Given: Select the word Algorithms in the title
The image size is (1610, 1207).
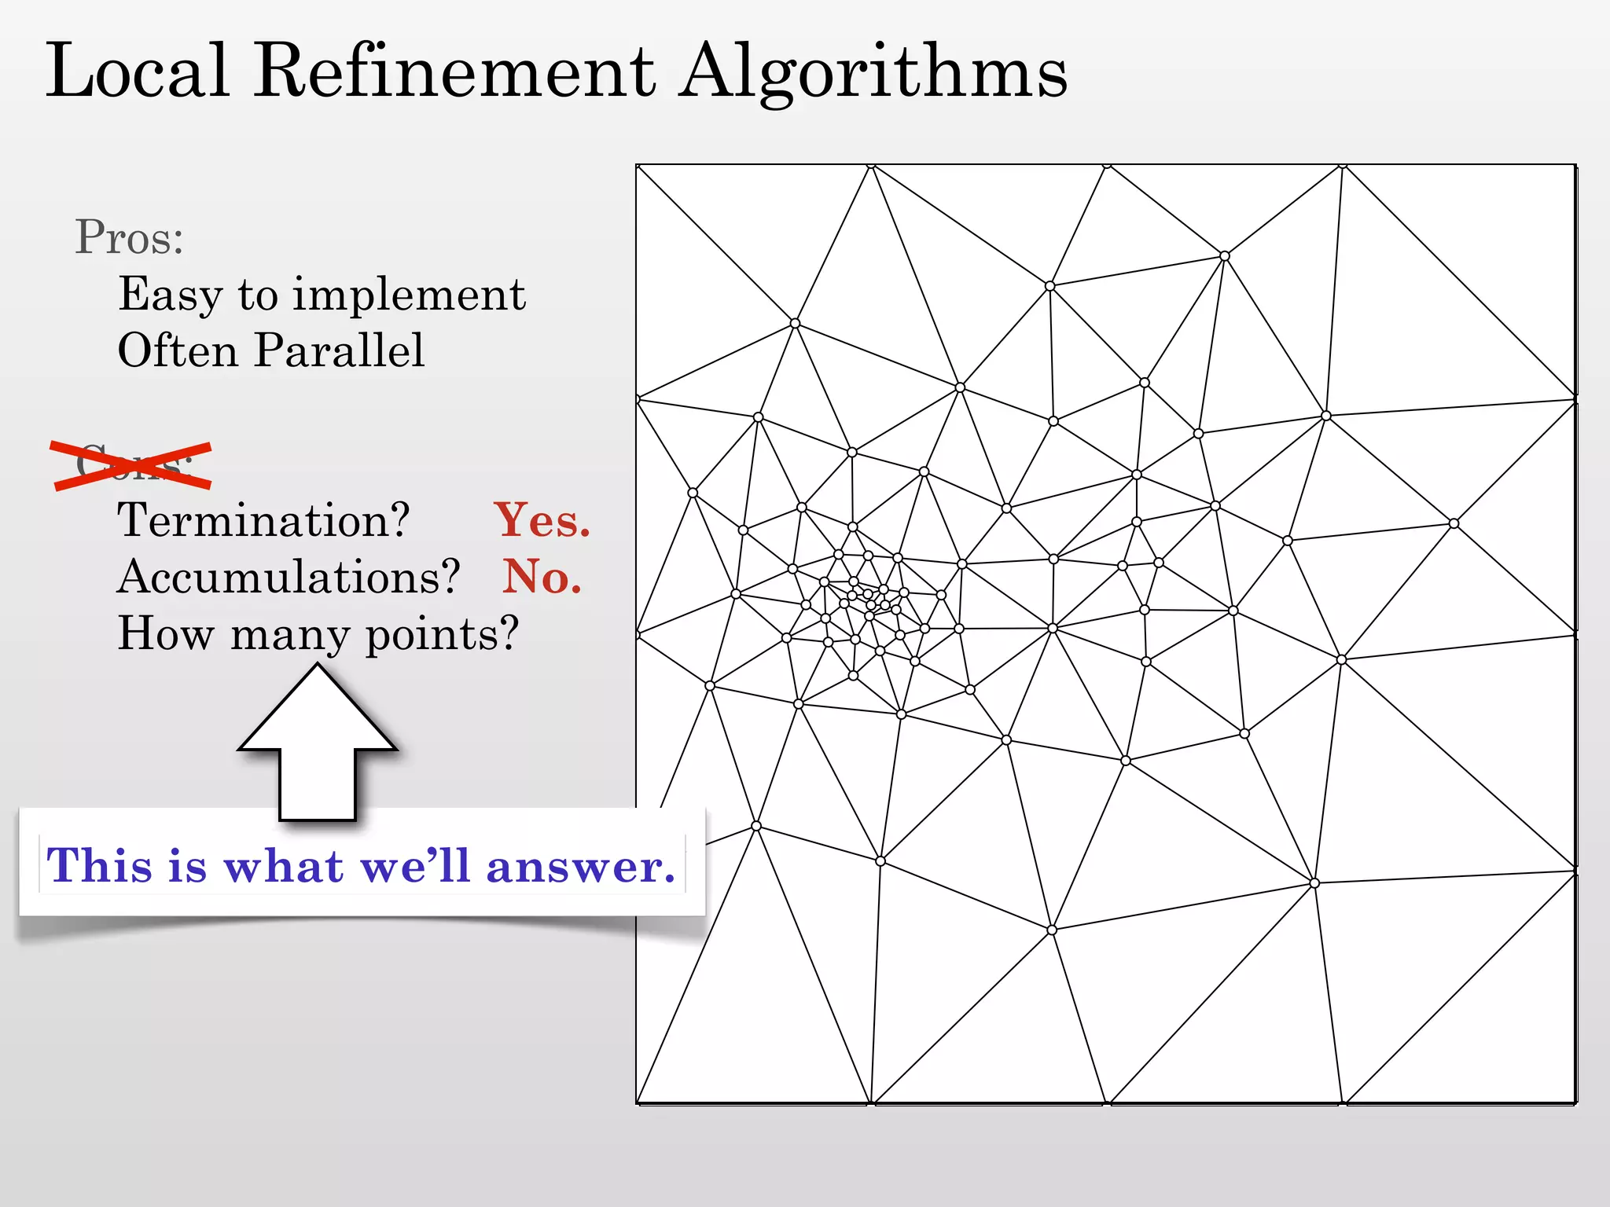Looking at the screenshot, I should pyautogui.click(x=873, y=72).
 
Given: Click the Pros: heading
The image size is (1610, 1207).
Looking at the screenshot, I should pyautogui.click(x=129, y=237).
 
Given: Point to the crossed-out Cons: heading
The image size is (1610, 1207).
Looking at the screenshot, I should pyautogui.click(x=132, y=465).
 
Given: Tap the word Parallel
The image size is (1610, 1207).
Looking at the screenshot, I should pyautogui.click(x=339, y=350).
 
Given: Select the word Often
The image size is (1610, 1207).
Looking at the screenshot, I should pyautogui.click(x=177, y=350).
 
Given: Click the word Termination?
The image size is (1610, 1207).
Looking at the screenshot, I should pyautogui.click(x=263, y=520).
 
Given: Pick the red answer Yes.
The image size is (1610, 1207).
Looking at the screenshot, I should pyautogui.click(x=542, y=520).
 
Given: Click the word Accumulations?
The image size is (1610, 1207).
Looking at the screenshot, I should pyautogui.click(x=288, y=577).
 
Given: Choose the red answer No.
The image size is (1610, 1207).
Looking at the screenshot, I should pyautogui.click(x=542, y=577).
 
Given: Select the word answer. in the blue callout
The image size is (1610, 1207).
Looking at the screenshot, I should pyautogui.click(x=580, y=866).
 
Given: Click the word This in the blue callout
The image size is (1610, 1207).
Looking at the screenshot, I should pyautogui.click(x=99, y=866).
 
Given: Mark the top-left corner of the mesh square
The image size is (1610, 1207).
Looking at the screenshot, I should pyautogui.click(x=637, y=165).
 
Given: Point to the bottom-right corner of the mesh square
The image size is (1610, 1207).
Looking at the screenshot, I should pyautogui.click(x=1575, y=1103).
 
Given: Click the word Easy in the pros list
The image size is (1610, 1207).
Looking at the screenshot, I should pyautogui.click(x=170, y=295).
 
